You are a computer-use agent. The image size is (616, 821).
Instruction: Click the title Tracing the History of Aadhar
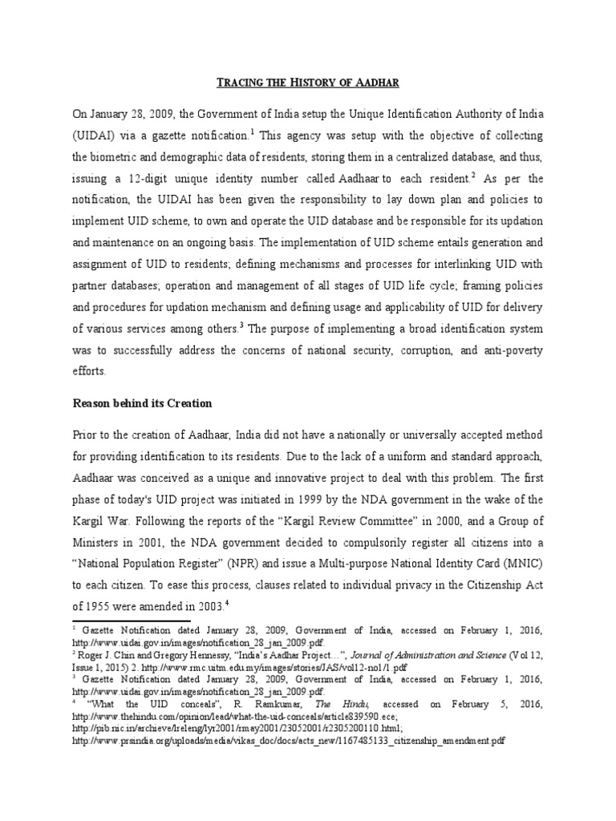click(309, 82)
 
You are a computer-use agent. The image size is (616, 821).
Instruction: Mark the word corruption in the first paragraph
click(424, 350)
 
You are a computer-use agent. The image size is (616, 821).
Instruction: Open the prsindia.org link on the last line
click(288, 742)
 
